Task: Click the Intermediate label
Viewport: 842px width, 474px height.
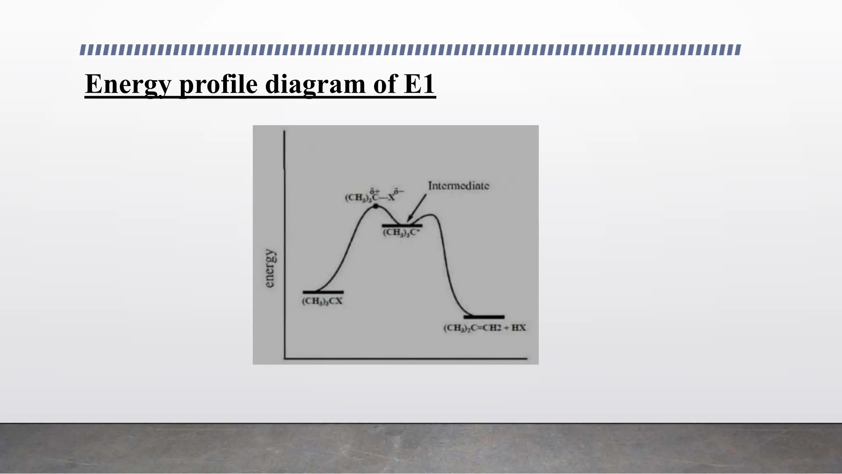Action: tap(458, 186)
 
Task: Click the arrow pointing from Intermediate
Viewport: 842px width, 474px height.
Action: tap(416, 209)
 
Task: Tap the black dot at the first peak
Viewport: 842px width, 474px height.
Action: tap(376, 206)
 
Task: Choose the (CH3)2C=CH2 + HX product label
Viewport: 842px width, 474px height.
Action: tap(484, 328)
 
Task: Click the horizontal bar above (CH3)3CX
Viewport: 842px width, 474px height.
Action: tap(323, 292)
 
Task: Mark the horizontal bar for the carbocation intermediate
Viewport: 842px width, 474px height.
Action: tap(402, 225)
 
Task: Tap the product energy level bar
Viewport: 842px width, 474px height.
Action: tap(484, 317)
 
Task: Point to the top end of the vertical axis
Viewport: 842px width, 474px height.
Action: tap(284, 132)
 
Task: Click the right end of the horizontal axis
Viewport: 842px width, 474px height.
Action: tap(526, 359)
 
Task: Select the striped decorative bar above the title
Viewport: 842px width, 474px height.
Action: tap(410, 50)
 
